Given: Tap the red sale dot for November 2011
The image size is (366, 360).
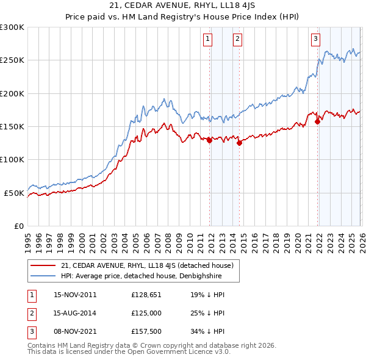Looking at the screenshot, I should coord(209,140).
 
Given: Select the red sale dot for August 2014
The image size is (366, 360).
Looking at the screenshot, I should coord(239,143).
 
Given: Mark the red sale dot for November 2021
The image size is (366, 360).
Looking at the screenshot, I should coord(317,121).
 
